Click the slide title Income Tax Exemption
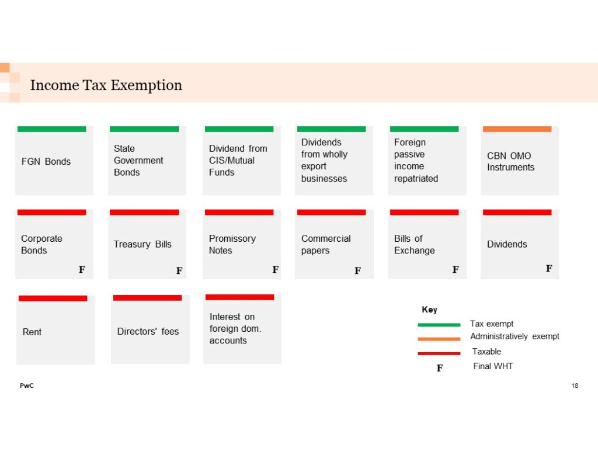coord(106,85)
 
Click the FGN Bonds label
coord(46,161)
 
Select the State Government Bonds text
coord(138,160)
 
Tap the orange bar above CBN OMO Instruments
coord(517,129)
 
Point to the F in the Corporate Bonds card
coord(82,270)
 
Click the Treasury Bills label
coord(142,244)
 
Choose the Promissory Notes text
coord(232,244)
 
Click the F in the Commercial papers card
coord(357,270)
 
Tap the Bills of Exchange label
coord(414,244)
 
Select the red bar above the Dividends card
coord(517,212)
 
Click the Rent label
coord(32,332)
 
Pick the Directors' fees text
coord(148,331)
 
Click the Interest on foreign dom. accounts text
coord(235,328)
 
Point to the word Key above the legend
coord(429,310)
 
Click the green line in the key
coord(439,325)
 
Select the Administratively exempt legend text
coord(514,336)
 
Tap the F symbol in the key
coord(440,368)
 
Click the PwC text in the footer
coord(26,385)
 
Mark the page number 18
coord(575,385)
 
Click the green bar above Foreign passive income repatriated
coord(424,129)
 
